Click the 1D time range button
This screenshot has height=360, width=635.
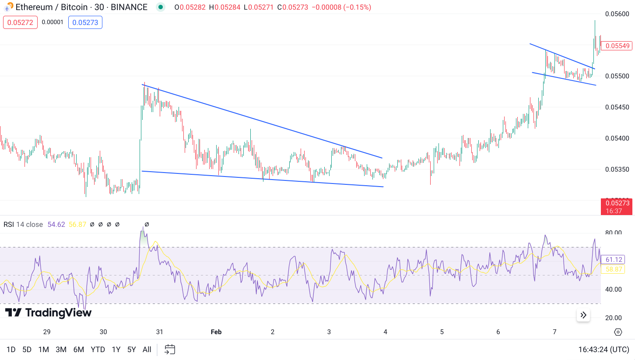[11, 349]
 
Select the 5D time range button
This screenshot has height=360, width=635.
[27, 349]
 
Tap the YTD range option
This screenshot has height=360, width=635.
[98, 349]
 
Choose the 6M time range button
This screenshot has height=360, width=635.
[79, 349]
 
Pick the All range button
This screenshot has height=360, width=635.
[147, 349]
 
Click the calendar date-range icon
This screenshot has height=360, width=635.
[170, 349]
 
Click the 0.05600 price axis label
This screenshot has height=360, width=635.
[617, 14]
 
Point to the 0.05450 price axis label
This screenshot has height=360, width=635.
[617, 107]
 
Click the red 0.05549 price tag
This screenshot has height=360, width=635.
[617, 46]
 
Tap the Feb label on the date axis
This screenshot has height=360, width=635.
[216, 332]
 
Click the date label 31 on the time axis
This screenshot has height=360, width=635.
[160, 332]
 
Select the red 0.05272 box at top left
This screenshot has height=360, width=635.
[20, 22]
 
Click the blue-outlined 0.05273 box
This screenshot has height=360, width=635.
[85, 22]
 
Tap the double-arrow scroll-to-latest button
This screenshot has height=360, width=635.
[583, 315]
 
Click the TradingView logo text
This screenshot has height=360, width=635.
[48, 313]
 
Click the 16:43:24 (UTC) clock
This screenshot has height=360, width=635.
[604, 349]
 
